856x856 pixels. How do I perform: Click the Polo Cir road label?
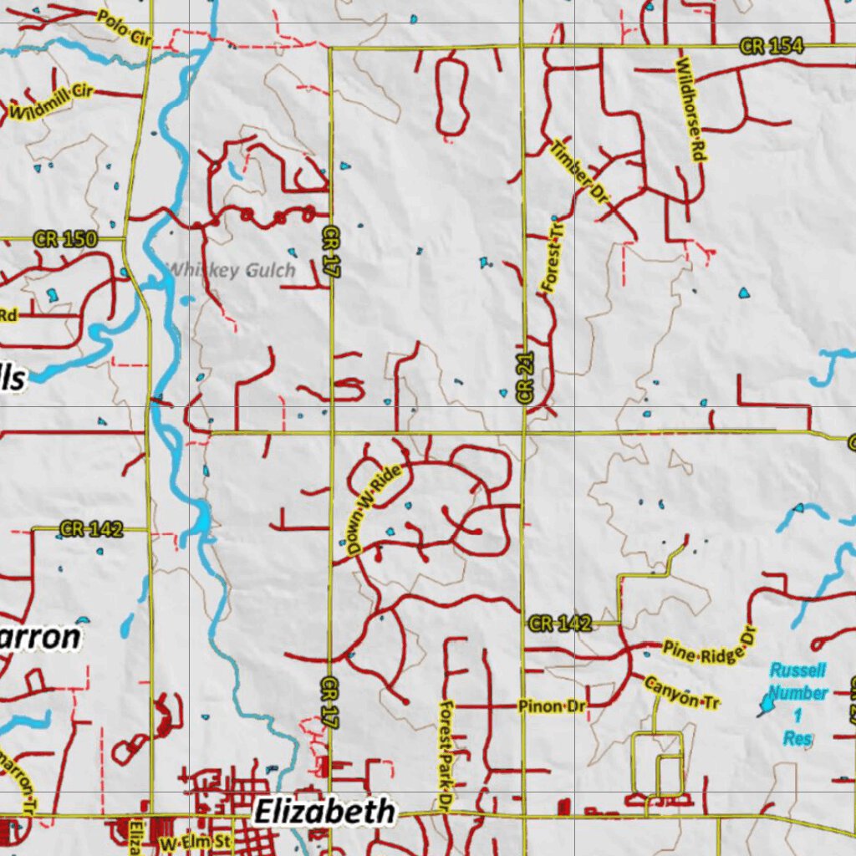(125, 28)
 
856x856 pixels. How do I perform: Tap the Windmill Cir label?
(51, 101)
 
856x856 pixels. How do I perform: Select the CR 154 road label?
(772, 46)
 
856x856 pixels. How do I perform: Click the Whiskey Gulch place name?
(232, 270)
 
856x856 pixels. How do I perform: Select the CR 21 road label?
(525, 379)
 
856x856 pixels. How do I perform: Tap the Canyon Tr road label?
(682, 692)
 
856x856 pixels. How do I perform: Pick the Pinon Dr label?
(552, 706)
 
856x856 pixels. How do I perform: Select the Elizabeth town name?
(324, 811)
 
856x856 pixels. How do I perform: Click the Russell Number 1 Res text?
(797, 703)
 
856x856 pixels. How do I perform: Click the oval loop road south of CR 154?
(451, 96)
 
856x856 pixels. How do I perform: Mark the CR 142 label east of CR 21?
(560, 623)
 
